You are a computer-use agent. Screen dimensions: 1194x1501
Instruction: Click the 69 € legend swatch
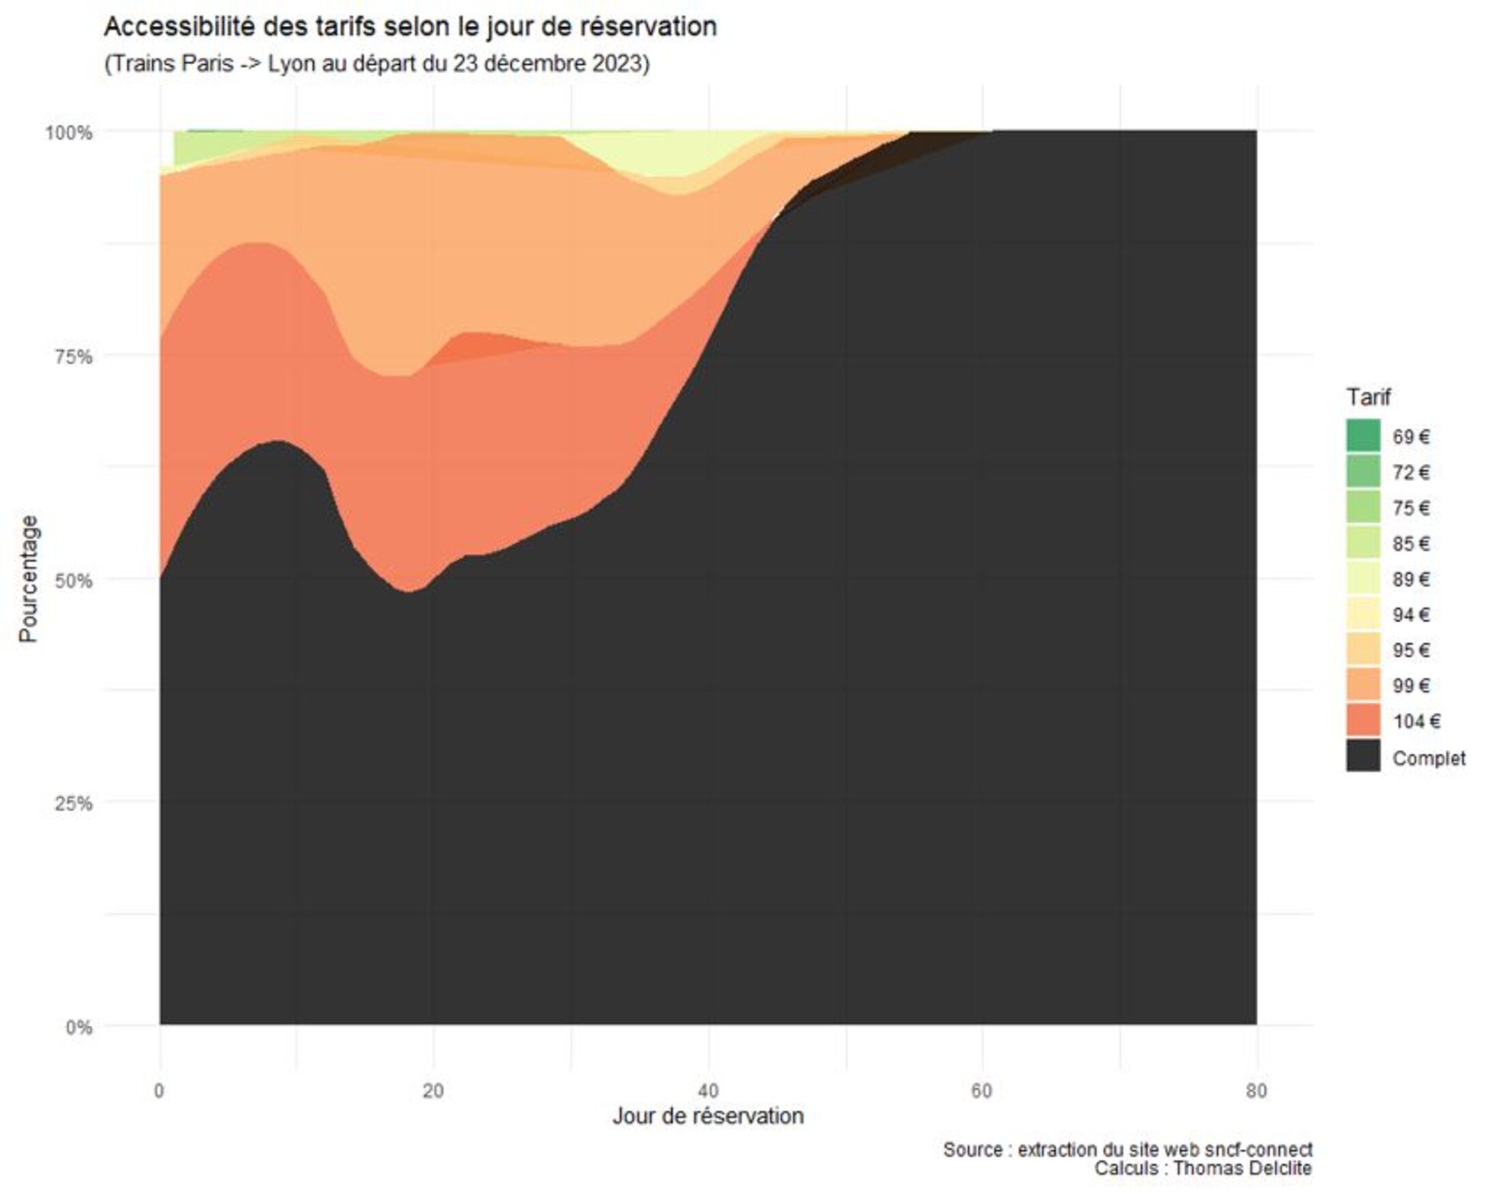pyautogui.click(x=1362, y=436)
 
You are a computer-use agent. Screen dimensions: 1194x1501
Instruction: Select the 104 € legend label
pyautogui.click(x=1416, y=721)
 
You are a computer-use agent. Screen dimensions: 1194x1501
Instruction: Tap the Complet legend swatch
pyautogui.click(x=1362, y=757)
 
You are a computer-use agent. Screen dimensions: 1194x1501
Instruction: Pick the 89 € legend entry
pyautogui.click(x=1410, y=579)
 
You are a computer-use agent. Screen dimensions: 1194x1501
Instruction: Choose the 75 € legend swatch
pyautogui.click(x=1362, y=508)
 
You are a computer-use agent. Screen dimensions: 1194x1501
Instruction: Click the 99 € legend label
pyautogui.click(x=1410, y=686)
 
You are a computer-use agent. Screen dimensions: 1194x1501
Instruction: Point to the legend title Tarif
pyautogui.click(x=1368, y=397)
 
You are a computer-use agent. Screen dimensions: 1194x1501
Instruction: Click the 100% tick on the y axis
pyautogui.click(x=68, y=132)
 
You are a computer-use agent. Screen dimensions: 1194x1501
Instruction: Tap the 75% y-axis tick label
pyautogui.click(x=73, y=356)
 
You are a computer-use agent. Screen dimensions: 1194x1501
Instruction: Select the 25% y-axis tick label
pyautogui.click(x=73, y=804)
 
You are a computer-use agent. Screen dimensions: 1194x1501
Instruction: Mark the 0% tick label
pyautogui.click(x=78, y=1027)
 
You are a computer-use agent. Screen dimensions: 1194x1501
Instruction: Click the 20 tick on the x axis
pyautogui.click(x=433, y=1090)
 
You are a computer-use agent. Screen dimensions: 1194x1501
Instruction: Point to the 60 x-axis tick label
pyautogui.click(x=981, y=1090)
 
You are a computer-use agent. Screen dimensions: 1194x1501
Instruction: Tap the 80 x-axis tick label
pyautogui.click(x=1255, y=1090)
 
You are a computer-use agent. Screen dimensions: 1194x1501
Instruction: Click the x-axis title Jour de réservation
pyautogui.click(x=708, y=1116)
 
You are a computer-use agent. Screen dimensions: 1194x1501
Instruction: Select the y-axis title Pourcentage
pyautogui.click(x=28, y=579)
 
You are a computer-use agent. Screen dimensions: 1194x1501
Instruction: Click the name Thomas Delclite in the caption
pyautogui.click(x=1242, y=1167)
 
